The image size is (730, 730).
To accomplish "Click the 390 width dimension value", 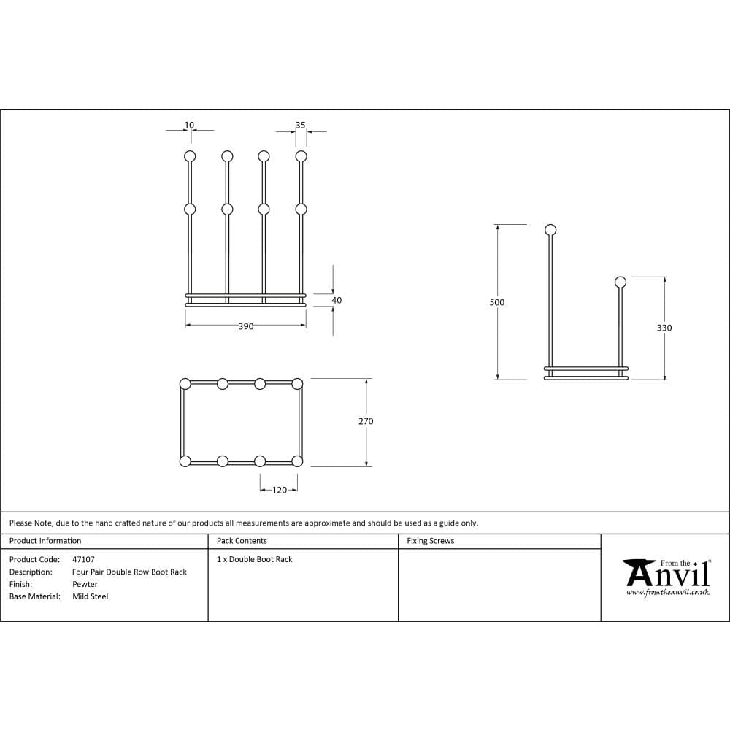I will click(x=246, y=327).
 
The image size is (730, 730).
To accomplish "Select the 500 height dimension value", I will click(x=497, y=302).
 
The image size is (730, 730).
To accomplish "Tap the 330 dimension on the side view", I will click(x=664, y=328).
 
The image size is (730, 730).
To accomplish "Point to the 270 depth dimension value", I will click(x=366, y=421).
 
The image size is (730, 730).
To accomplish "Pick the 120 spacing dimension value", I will click(x=280, y=491).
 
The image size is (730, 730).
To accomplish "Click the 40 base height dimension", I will click(x=337, y=300).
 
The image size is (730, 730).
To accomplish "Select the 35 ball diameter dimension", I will click(x=301, y=126).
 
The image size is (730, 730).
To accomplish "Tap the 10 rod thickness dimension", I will click(x=190, y=126).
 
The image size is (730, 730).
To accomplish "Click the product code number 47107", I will click(x=83, y=560).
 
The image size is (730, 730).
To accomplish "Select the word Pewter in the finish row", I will click(x=85, y=584).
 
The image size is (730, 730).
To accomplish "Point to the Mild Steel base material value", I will click(x=90, y=596).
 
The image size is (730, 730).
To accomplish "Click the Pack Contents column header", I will click(x=242, y=541).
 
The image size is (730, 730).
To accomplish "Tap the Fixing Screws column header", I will click(x=430, y=541).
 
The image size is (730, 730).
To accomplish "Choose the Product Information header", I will click(x=45, y=541).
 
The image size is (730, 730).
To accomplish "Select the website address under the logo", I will click(x=667, y=593).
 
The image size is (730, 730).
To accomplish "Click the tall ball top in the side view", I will click(x=550, y=231).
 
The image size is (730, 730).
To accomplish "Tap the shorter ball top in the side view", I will click(x=620, y=282).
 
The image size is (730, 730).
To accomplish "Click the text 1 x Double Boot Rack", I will click(x=255, y=560).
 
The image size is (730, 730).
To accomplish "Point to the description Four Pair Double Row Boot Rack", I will click(x=129, y=572).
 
